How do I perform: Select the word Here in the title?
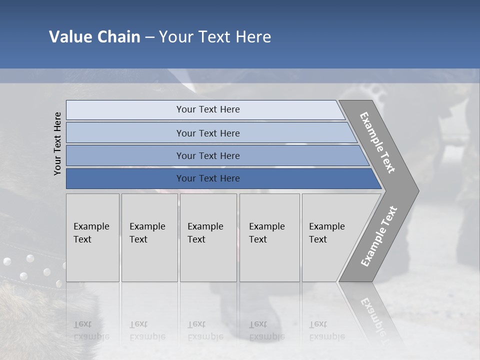(x=253, y=37)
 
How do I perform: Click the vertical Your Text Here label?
(x=57, y=143)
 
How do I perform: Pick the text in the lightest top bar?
(x=208, y=109)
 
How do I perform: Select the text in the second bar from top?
(x=208, y=133)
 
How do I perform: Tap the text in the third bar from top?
(x=208, y=155)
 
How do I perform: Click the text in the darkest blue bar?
(x=208, y=178)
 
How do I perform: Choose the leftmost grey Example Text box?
(x=92, y=237)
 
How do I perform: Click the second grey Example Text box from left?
(x=149, y=237)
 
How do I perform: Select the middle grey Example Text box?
(x=208, y=237)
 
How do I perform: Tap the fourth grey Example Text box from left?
(x=269, y=237)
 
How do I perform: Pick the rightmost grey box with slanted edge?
(x=332, y=237)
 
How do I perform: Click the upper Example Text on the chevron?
(x=377, y=142)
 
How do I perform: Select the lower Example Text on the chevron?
(x=379, y=236)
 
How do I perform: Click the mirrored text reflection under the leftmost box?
(x=91, y=330)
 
